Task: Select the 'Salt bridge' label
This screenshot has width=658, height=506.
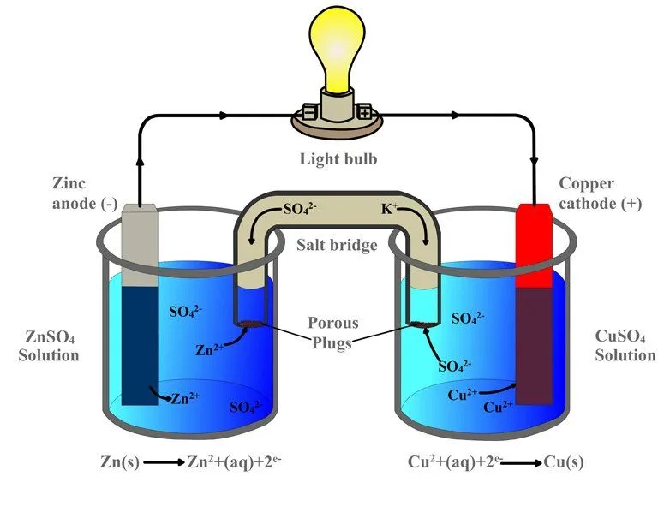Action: [x=337, y=246]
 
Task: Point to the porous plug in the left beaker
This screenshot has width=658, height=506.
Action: [x=251, y=324]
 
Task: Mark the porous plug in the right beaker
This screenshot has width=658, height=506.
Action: [x=420, y=324]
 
